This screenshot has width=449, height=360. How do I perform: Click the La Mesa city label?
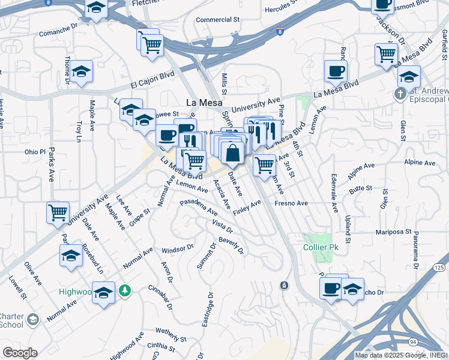click(202, 103)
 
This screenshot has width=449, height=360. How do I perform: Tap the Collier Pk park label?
click(319, 247)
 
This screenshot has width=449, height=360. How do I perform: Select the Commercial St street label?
click(217, 20)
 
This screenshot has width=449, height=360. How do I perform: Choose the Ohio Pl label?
click(35, 152)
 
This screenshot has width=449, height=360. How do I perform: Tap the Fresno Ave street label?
click(291, 203)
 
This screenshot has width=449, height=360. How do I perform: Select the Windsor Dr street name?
click(178, 248)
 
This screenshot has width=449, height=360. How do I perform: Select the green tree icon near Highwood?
click(125, 291)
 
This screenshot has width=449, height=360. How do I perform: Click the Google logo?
click(19, 352)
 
